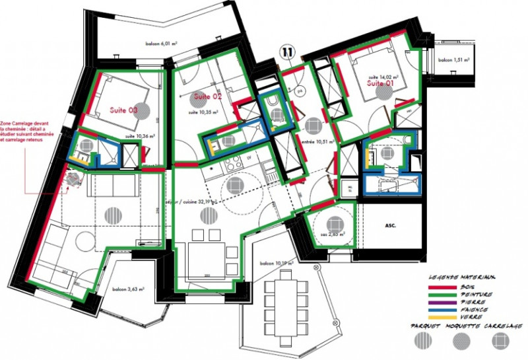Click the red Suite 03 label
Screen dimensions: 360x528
coord(124,111)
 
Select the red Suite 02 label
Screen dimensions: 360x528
coord(207,97)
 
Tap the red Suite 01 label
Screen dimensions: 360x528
coord(380,84)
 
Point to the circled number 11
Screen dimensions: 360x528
coord(287,51)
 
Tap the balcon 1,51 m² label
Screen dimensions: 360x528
coord(455,60)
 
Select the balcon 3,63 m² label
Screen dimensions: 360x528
coord(128,289)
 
